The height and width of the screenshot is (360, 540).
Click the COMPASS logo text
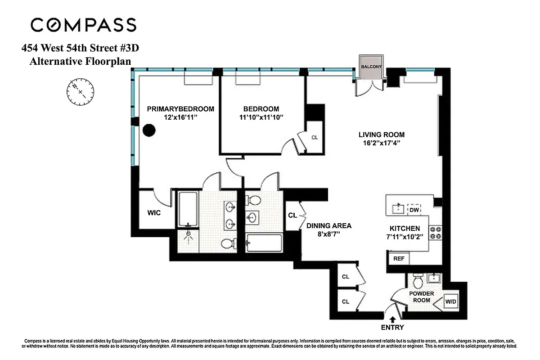click(x=83, y=25)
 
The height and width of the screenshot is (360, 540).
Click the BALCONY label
click(x=371, y=67)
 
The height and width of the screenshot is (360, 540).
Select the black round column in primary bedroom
click(x=149, y=130)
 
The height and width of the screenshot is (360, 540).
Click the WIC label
click(x=154, y=213)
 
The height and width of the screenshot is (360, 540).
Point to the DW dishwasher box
click(x=414, y=209)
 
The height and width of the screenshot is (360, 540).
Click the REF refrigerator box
click(x=398, y=259)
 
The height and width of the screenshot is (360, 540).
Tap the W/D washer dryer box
click(x=450, y=302)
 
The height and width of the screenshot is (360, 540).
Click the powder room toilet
click(x=417, y=282)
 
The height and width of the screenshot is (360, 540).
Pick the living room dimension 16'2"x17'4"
click(x=382, y=143)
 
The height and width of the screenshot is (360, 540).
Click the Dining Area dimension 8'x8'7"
click(x=328, y=234)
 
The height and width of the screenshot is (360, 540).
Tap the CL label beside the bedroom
click(x=315, y=137)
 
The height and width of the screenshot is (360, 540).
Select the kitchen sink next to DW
click(x=397, y=209)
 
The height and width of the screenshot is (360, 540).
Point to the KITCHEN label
click(x=405, y=229)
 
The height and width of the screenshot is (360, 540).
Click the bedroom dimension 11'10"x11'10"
click(x=261, y=117)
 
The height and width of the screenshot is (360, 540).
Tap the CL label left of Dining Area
click(x=292, y=215)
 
